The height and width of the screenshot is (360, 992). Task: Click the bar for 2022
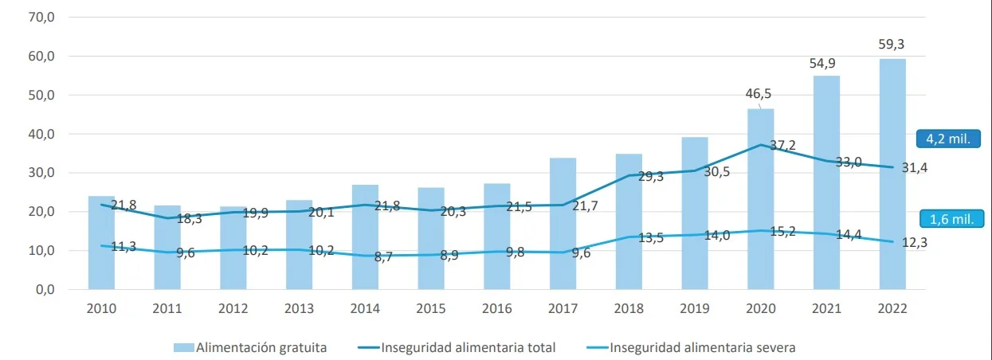tap(892, 174)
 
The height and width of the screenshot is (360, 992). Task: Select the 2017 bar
tap(563, 224)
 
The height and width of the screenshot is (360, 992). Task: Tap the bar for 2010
tap(101, 243)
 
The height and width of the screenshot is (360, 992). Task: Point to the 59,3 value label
tap(892, 45)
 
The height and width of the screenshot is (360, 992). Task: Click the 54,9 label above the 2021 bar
tap(822, 64)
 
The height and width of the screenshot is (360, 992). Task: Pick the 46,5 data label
tap(759, 94)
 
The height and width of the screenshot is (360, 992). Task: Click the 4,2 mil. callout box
tap(948, 139)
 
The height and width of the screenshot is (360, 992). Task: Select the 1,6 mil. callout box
tap(951, 219)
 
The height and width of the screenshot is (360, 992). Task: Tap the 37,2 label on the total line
tap(782, 145)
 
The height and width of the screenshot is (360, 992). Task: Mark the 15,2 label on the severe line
tap(782, 232)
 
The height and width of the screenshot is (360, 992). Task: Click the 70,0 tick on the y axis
tap(41, 18)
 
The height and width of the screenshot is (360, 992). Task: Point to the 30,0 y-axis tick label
tap(41, 173)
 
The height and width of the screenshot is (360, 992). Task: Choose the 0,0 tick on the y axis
tap(45, 290)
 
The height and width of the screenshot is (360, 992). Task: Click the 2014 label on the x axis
tap(365, 309)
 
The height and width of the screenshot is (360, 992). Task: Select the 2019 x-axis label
tap(695, 309)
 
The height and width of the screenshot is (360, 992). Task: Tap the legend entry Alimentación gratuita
tap(250, 347)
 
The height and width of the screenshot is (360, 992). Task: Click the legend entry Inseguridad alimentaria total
tap(457, 347)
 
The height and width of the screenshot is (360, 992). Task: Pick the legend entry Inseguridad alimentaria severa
tap(691, 347)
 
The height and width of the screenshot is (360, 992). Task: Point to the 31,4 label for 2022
tap(915, 168)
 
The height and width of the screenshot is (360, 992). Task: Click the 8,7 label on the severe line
tap(383, 256)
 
